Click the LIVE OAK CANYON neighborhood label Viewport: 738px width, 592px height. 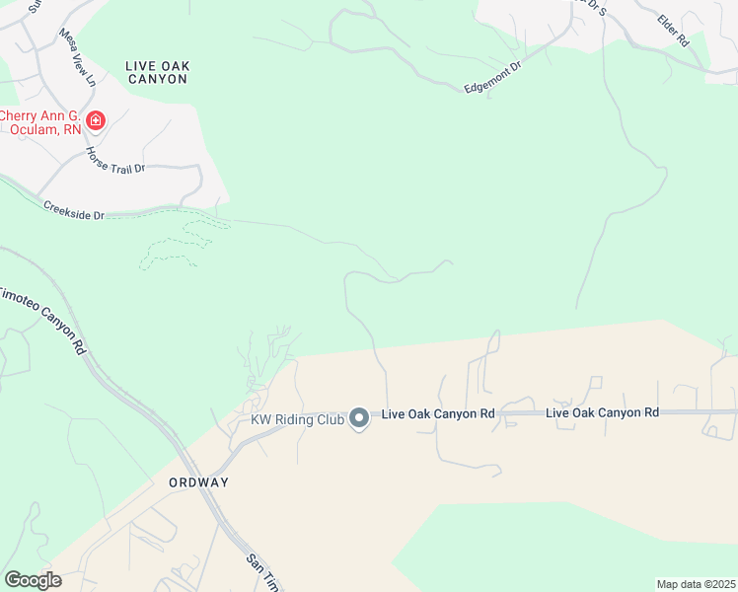coord(158,72)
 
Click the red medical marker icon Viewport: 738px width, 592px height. coord(96,121)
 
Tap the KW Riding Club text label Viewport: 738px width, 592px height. coord(296,419)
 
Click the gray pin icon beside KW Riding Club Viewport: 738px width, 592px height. coord(360,419)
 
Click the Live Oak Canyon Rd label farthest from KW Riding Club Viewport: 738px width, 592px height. coord(602,411)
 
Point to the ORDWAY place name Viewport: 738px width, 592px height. coord(198,482)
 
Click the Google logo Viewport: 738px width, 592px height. coord(33,580)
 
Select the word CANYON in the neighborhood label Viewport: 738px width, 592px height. coord(158,79)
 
